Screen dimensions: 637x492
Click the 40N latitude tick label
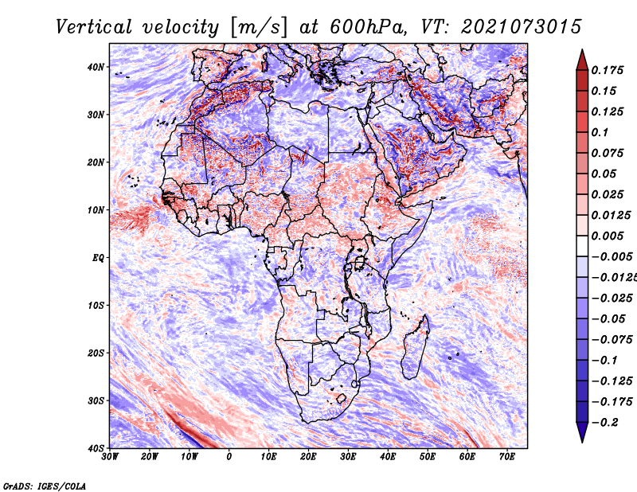coord(95,67)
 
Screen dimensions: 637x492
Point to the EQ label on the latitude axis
coord(98,258)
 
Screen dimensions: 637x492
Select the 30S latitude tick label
coord(96,401)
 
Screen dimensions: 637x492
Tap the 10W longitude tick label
coord(190,457)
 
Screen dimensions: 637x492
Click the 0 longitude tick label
coord(229,457)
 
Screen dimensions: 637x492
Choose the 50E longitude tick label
coord(428,457)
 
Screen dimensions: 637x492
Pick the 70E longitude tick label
coord(506,457)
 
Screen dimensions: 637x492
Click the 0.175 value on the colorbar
coord(607,70)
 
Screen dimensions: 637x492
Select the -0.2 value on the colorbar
coord(605,423)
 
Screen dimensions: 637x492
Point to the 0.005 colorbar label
coord(607,236)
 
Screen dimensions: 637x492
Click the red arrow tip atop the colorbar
coord(582,50)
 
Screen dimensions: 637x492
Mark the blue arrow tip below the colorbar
coord(582,441)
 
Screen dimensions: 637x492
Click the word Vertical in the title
coord(93,27)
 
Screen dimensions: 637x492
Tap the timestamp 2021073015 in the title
coord(522,27)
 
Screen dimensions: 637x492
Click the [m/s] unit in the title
coord(258,28)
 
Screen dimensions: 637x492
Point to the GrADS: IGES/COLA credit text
coord(45,486)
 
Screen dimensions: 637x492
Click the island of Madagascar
coord(416,346)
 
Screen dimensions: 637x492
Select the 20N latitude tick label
coord(95,162)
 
